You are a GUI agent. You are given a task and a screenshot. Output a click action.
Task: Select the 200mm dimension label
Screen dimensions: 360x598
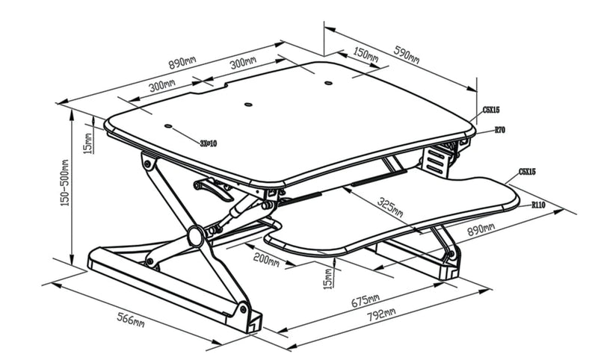[x=266, y=261]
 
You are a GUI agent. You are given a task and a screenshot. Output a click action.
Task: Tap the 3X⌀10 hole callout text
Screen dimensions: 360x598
[x=209, y=143]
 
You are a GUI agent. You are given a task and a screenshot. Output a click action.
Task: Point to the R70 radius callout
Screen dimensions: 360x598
[x=500, y=129]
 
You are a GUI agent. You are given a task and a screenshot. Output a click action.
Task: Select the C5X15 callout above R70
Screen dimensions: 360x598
[x=491, y=109]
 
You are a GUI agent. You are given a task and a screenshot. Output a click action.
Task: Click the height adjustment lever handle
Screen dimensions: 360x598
[x=212, y=190]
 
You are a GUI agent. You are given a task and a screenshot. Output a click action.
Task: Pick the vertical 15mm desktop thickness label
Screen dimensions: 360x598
[x=87, y=139]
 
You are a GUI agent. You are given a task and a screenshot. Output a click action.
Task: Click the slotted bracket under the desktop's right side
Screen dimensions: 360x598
[x=436, y=160]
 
